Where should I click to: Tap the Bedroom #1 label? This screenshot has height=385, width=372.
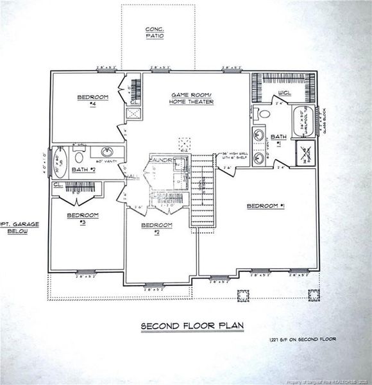point(265,206)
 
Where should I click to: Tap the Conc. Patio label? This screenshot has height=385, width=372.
point(155,33)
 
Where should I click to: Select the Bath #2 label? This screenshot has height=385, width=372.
point(84,169)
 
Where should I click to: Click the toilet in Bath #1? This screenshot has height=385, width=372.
point(258,114)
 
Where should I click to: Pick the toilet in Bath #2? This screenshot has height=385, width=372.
point(80,156)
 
